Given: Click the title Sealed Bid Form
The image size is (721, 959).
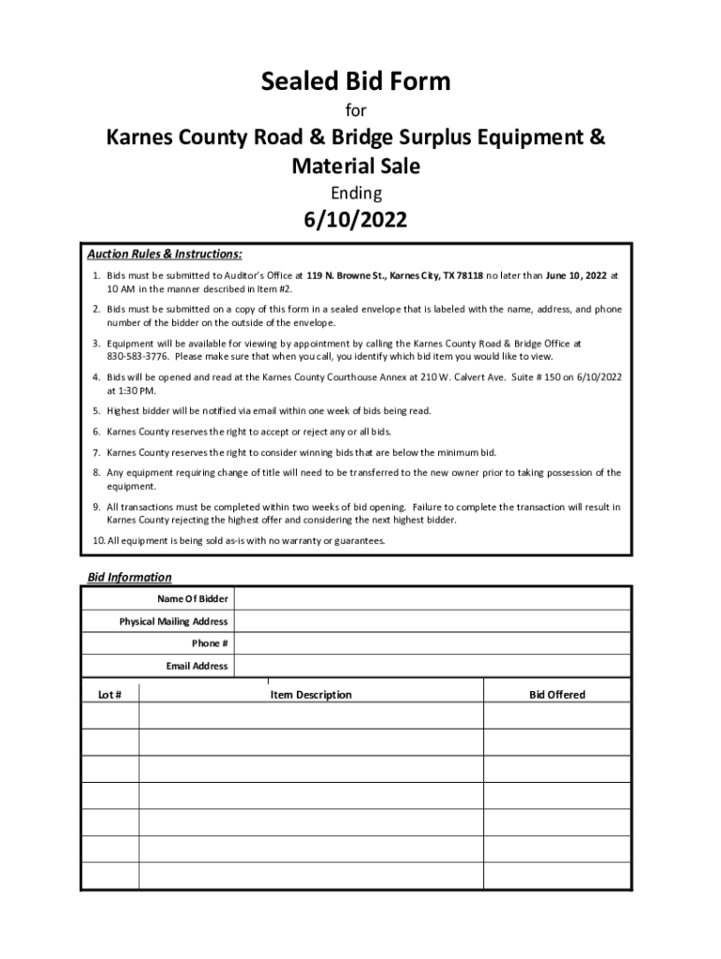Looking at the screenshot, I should pos(355,82).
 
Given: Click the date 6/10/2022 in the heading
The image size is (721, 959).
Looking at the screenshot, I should pos(355,221).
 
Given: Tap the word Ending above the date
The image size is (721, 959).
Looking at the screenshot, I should pos(355,194).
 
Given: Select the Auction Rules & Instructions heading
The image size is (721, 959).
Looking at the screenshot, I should pos(165,254).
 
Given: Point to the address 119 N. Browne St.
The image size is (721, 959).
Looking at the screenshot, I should pos(346,276).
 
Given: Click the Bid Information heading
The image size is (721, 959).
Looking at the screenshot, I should pos(129,577).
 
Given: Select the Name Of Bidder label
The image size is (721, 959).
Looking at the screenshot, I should pos(194,598).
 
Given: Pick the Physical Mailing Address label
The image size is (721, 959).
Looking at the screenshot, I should pos(173,621).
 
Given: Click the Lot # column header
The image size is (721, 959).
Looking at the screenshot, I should pos(110,695).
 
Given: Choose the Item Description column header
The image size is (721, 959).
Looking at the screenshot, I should pos(311,695).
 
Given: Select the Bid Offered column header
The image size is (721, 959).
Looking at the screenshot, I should pos(557,695).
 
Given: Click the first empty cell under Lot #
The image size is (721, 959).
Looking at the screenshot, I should pos(110,716).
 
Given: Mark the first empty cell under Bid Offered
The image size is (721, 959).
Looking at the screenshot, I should pos(557,716).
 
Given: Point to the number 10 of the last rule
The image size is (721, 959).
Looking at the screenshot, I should pos(97,541).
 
